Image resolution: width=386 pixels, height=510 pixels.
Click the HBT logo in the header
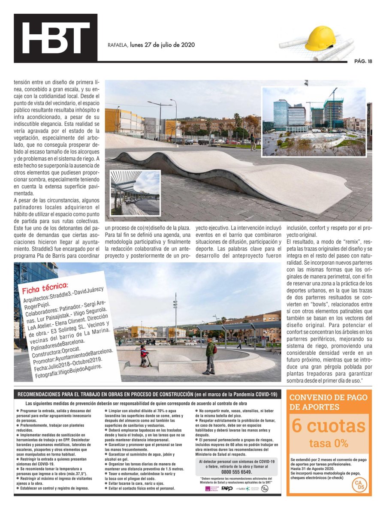coord(55,38)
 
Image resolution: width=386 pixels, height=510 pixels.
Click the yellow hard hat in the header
coord(319,38)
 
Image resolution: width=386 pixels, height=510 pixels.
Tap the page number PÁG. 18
coord(363,61)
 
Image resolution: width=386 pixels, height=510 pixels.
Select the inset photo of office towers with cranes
coord(314,121)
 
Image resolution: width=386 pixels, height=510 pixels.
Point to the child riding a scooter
coord(144,356)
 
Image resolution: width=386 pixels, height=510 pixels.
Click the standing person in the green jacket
coord(210,354)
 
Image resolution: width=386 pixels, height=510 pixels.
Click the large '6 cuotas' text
coord(329,426)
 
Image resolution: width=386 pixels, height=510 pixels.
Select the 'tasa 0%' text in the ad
coord(329,443)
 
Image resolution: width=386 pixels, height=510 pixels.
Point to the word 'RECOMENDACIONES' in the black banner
coord(42,394)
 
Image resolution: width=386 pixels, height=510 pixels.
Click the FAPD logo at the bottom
coord(227,488)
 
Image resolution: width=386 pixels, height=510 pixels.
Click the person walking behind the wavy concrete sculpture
coord(253,142)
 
